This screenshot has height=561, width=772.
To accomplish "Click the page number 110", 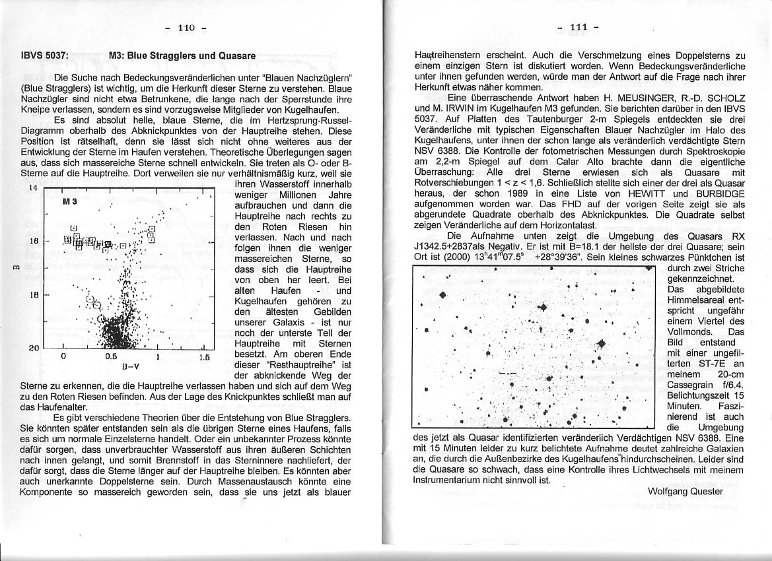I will (188, 28).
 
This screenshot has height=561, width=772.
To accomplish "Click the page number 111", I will (579, 27).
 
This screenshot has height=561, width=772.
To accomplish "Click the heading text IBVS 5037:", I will (44, 56).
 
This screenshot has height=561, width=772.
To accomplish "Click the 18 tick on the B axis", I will (34, 295).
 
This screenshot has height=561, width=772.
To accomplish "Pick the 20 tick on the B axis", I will (34, 348).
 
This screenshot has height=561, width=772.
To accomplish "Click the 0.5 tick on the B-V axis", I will (110, 357).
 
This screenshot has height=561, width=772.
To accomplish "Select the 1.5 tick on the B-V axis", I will (204, 357).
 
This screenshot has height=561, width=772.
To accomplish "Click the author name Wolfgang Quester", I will (686, 491).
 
